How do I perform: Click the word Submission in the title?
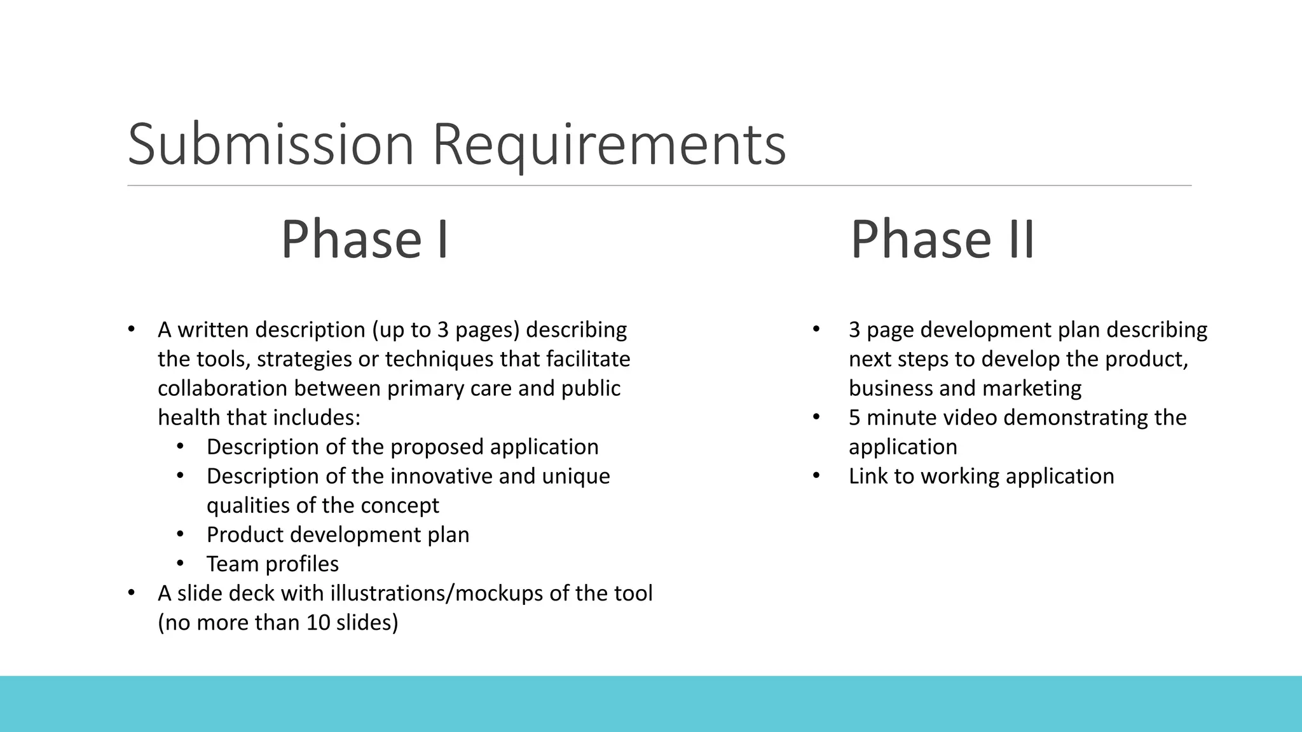pos(271,145)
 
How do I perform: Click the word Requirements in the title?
pos(609,145)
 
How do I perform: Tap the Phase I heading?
pos(366,239)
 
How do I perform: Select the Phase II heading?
pos(943,239)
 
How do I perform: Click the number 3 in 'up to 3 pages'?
pos(443,330)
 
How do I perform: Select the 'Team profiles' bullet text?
pos(272,564)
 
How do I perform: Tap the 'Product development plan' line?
pos(338,534)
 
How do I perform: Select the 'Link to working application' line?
pos(981,476)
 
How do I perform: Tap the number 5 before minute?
pos(854,417)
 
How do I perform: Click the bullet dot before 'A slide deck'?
pos(132,593)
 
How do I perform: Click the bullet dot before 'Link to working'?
pos(817,476)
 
